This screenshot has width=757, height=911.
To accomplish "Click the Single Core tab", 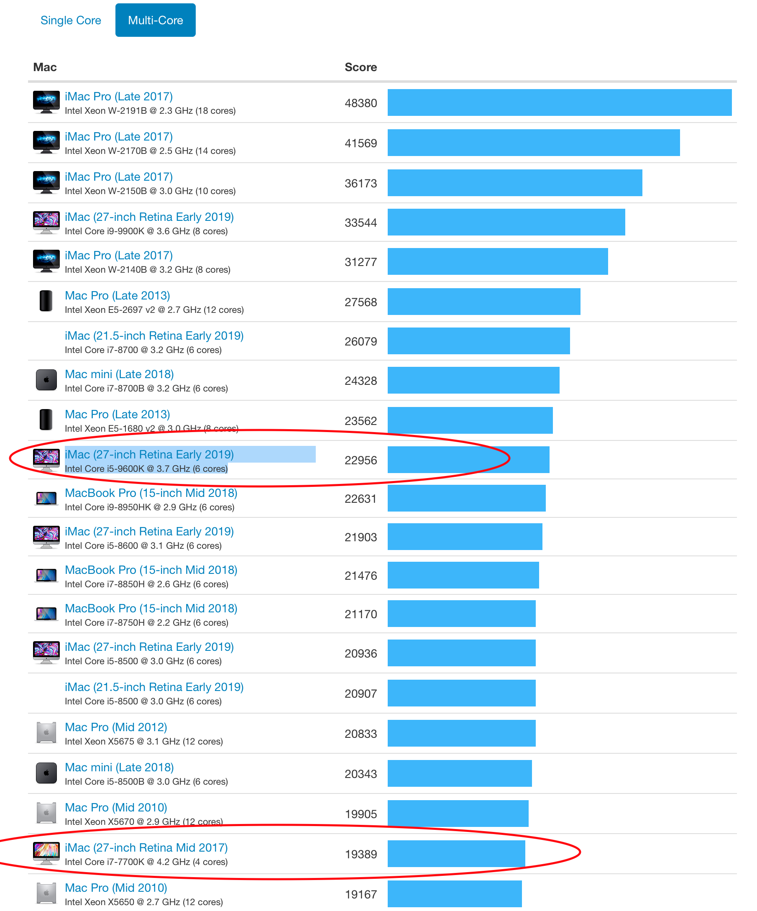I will click(x=71, y=20).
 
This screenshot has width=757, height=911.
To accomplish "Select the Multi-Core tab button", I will click(x=155, y=20).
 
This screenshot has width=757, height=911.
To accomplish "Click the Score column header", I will click(x=361, y=67).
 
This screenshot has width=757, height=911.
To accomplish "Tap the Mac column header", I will click(x=45, y=67).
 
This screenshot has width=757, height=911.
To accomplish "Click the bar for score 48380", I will click(x=559, y=102).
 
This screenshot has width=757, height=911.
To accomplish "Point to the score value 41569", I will click(x=361, y=143).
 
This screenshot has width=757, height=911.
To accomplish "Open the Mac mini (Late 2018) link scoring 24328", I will click(x=119, y=374).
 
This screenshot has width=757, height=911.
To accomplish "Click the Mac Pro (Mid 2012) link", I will click(x=116, y=727).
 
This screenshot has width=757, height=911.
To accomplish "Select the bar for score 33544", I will click(x=506, y=222).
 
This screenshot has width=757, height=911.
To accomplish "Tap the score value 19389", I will click(x=361, y=854).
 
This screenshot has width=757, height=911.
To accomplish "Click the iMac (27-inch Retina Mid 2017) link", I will click(x=146, y=848).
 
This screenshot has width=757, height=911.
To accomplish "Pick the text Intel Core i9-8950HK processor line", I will click(x=150, y=507).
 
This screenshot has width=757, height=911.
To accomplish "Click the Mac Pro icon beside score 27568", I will click(x=46, y=301).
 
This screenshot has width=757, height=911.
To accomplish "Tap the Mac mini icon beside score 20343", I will click(x=46, y=773).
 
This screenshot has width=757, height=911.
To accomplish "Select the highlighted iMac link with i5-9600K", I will click(x=149, y=454).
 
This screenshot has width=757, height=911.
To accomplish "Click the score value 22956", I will click(x=361, y=460).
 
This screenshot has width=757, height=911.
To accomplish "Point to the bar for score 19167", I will click(x=454, y=894).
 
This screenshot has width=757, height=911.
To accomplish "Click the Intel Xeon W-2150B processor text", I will click(x=150, y=191).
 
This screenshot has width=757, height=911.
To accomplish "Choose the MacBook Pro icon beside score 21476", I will click(x=46, y=576).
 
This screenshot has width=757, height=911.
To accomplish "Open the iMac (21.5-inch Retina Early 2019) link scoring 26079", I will click(x=154, y=336).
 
